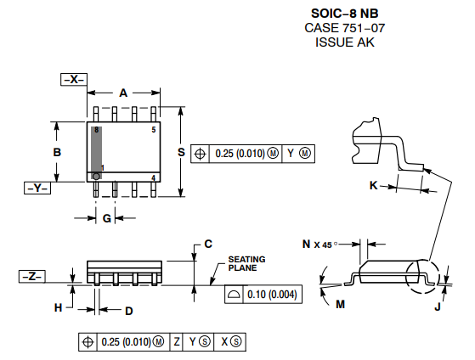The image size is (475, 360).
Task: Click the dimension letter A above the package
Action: (123, 93)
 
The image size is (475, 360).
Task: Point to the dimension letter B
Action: (57, 152)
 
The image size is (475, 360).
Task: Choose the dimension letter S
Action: (181, 152)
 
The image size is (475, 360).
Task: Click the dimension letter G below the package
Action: (107, 219)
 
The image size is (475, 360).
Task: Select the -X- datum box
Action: (75, 79)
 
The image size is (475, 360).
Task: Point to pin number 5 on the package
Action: (154, 130)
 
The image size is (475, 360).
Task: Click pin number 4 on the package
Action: (153, 177)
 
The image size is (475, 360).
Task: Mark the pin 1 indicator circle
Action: (96, 176)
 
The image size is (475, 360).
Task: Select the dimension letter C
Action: (208, 245)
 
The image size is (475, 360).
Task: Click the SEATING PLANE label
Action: (246, 263)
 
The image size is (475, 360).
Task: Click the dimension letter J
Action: (438, 307)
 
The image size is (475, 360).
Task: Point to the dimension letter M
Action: (341, 303)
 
